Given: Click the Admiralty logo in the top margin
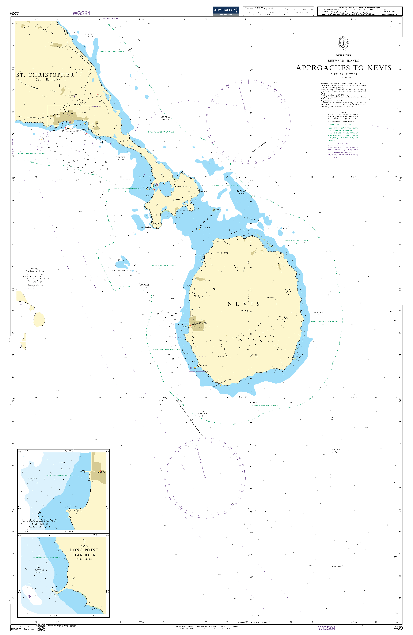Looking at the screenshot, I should coord(226,11).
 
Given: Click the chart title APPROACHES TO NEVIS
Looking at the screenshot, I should coord(344,68).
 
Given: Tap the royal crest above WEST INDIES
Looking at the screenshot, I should coord(343,43).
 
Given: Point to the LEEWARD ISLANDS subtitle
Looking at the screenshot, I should coord(343,61).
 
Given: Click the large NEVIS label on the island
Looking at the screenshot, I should coord(244,304).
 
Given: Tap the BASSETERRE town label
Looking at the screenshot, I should coord(69,113).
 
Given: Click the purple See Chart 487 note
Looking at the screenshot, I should coord(96,107).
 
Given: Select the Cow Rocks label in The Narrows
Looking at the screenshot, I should coord(206,228).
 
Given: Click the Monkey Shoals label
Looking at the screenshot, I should coord(121,270).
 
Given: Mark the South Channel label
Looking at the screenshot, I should coord(250,218).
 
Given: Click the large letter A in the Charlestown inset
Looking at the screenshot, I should coord(40,512).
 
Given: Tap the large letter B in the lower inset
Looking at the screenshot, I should coord(84,541).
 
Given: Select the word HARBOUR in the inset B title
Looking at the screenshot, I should coord(84,555).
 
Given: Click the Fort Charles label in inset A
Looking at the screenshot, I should coord(74,510).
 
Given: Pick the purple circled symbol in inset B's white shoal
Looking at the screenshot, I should coord(29,596).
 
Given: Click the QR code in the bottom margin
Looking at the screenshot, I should coord(41,627).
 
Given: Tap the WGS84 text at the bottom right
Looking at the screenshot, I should coord(326,628).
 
